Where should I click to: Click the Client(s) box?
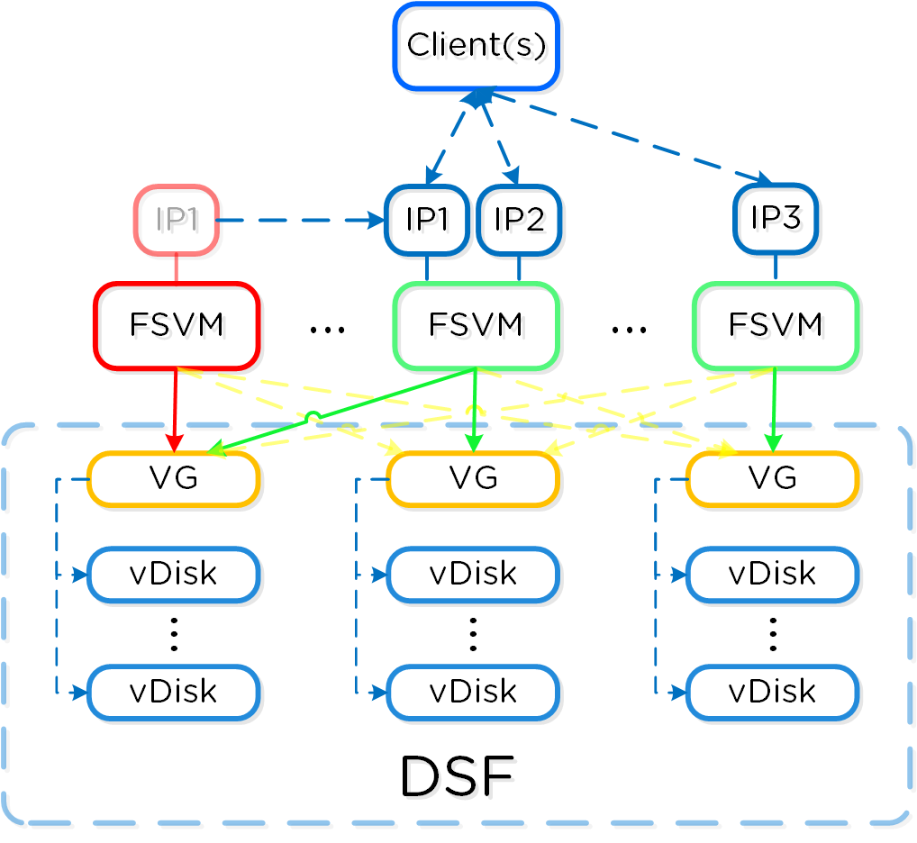pyautogui.click(x=477, y=46)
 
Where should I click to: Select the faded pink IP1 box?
pyautogui.click(x=177, y=220)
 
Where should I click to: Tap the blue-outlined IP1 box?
pyautogui.click(x=426, y=220)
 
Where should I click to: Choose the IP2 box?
pyautogui.click(x=519, y=220)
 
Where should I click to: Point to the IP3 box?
pyautogui.click(x=775, y=219)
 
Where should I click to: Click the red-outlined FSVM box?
pyautogui.click(x=177, y=325)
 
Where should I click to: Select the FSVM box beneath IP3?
pyautogui.click(x=775, y=325)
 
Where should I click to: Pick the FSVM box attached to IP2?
pyautogui.click(x=477, y=325)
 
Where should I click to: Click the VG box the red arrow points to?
pyautogui.click(x=173, y=478)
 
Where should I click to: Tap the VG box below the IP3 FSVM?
pyautogui.click(x=772, y=478)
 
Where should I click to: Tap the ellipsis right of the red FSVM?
pyautogui.click(x=327, y=331)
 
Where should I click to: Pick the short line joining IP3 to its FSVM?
pyautogui.click(x=776, y=267)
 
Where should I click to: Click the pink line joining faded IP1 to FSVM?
pyautogui.click(x=177, y=268)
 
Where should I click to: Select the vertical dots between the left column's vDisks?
pyautogui.click(x=174, y=634)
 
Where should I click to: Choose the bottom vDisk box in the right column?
pyautogui.click(x=772, y=692)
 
